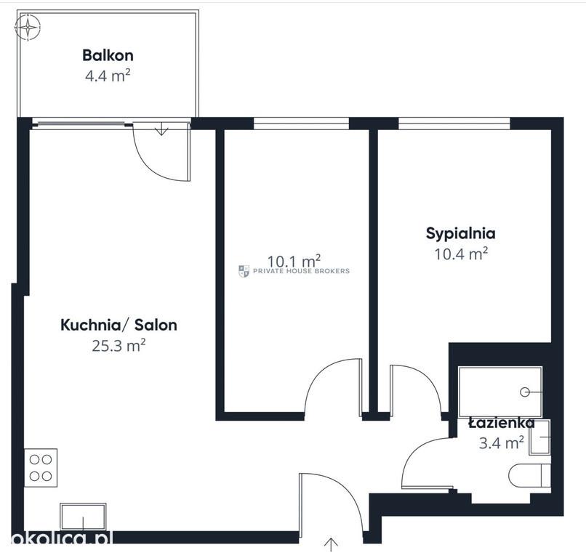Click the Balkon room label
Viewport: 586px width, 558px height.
click(x=108, y=55)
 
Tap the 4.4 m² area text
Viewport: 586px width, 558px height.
click(x=108, y=76)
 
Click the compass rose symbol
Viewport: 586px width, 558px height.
click(x=28, y=28)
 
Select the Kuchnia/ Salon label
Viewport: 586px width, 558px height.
click(x=119, y=325)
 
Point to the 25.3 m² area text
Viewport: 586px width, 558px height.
click(x=119, y=346)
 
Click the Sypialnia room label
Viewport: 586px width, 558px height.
click(x=461, y=233)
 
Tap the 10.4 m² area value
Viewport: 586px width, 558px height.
click(x=461, y=254)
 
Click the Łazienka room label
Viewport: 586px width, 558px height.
click(x=502, y=423)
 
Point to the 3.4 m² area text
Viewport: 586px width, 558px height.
click(x=502, y=443)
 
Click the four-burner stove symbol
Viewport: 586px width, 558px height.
click(x=41, y=468)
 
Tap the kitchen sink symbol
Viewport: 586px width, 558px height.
click(x=83, y=517)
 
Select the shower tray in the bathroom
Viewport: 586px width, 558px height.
click(x=500, y=392)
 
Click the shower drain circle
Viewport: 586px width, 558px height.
click(x=525, y=392)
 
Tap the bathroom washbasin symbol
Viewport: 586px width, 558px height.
click(x=539, y=437)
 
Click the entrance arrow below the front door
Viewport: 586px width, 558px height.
click(x=331, y=545)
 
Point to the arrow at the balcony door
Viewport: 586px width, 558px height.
click(x=161, y=129)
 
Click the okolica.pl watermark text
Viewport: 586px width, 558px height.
click(x=62, y=538)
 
